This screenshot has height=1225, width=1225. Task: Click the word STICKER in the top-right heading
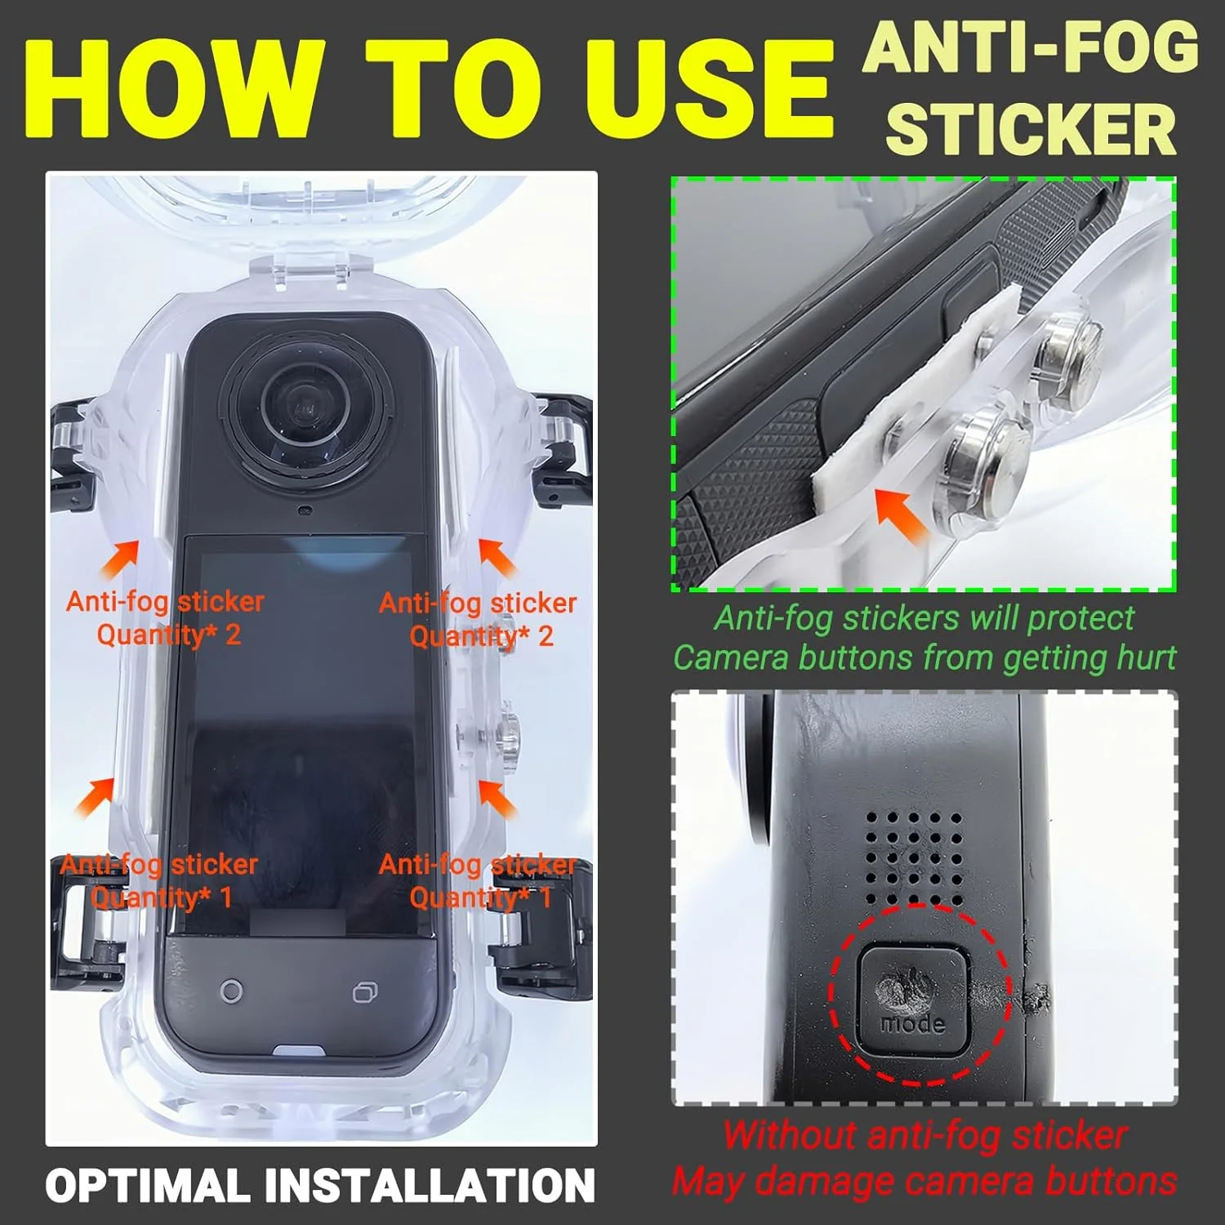click(1031, 129)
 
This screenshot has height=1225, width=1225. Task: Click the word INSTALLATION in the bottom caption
click(426, 1186)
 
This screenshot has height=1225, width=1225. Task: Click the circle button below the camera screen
click(231, 991)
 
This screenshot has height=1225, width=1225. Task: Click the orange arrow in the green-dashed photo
click(900, 514)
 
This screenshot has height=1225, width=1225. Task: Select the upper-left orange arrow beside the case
click(120, 559)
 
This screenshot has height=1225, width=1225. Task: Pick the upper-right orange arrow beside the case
click(497, 557)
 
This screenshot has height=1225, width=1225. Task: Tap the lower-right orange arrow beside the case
click(497, 799)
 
